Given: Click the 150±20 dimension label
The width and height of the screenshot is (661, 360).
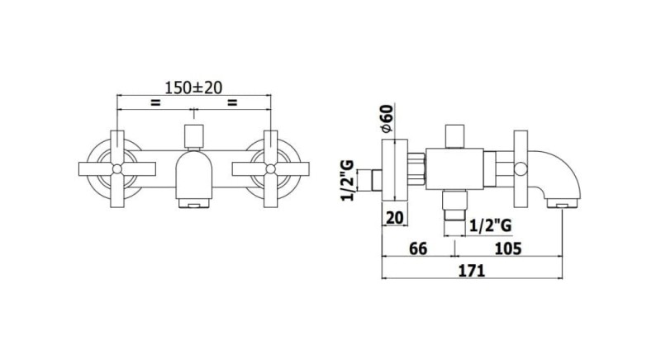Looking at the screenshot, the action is pyautogui.click(x=193, y=88).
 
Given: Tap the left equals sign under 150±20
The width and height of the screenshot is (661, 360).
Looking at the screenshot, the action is pyautogui.click(x=155, y=102).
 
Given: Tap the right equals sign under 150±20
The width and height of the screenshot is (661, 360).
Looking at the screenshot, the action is pyautogui.click(x=232, y=102).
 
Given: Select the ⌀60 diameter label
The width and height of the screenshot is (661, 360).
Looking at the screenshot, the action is pyautogui.click(x=387, y=118).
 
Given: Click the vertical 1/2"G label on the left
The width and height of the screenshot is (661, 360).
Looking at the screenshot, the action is pyautogui.click(x=348, y=181).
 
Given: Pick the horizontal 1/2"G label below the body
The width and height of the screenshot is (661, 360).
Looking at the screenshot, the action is pyautogui.click(x=490, y=226).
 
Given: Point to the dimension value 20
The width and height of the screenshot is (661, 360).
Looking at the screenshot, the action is pyautogui.click(x=395, y=218).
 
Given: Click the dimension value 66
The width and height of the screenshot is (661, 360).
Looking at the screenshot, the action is pyautogui.click(x=418, y=249).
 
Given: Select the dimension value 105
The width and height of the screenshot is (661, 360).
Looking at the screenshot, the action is pyautogui.click(x=507, y=249).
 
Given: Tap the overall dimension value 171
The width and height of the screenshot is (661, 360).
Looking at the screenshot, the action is pyautogui.click(x=472, y=270).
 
